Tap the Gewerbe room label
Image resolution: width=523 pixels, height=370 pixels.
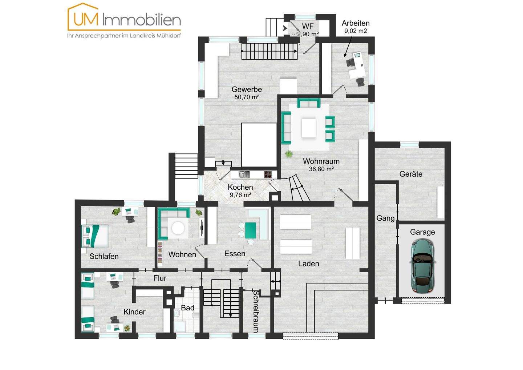(247, 89)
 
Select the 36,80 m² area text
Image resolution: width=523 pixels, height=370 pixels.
(321, 169)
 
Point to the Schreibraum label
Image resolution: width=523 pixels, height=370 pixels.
(256, 311)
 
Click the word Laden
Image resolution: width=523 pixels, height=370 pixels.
(308, 264)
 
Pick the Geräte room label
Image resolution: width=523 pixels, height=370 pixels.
(411, 174)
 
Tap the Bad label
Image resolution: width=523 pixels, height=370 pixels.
(187, 308)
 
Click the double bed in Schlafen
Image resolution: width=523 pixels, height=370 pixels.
(95, 236)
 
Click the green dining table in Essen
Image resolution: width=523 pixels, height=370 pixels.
(251, 230)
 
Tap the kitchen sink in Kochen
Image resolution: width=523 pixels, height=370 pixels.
(244, 174)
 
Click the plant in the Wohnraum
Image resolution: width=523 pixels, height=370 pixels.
(289, 154)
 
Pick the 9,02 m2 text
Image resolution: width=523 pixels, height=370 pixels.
(356, 31)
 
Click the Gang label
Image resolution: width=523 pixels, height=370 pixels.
(385, 218)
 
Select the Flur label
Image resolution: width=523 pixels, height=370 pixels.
(160, 278)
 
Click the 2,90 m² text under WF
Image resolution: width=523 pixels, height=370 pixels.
(308, 34)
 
